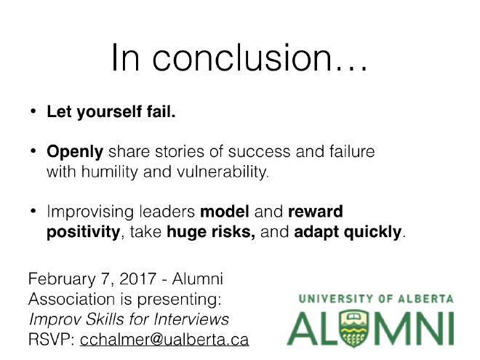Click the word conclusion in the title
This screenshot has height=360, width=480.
pyautogui.click(x=242, y=57)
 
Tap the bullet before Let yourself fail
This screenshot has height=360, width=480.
pyautogui.click(x=33, y=111)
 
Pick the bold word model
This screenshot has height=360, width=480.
pyautogui.click(x=225, y=212)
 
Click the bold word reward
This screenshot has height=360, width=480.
pyautogui.click(x=316, y=212)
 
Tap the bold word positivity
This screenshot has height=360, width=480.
pyautogui.click(x=83, y=232)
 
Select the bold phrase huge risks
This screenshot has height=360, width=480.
pyautogui.click(x=211, y=232)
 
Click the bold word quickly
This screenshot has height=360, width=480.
pyautogui.click(x=372, y=232)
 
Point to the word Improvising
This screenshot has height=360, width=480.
pyautogui.click(x=90, y=212)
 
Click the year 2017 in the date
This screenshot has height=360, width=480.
pyautogui.click(x=137, y=279)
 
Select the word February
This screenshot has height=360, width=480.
pyautogui.click(x=62, y=279)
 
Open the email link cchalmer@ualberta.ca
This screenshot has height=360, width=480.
pyautogui.click(x=164, y=340)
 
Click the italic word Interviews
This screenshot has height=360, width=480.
pyautogui.click(x=191, y=319)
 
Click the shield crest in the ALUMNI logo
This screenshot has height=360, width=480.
pyautogui.click(x=354, y=328)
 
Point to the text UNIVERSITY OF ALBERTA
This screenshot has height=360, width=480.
pyautogui.click(x=376, y=299)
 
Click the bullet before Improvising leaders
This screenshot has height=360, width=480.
pyautogui.click(x=33, y=211)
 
